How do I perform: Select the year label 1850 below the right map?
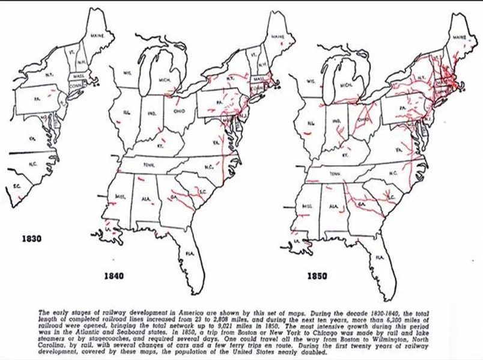(x=317, y=276)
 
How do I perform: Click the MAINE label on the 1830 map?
(x=97, y=36)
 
